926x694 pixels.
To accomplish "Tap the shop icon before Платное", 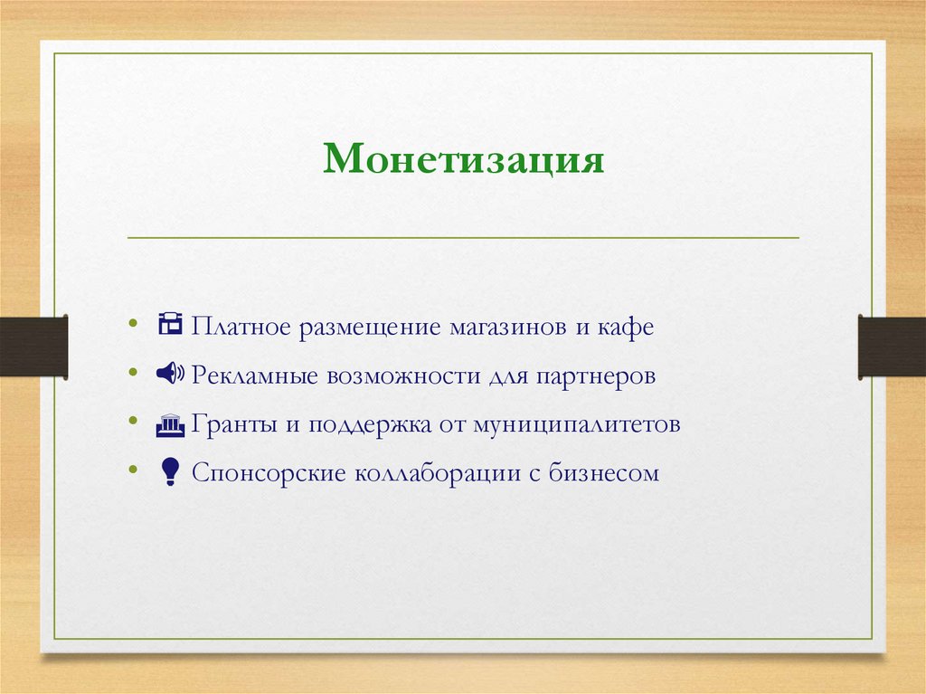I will coord(170,325).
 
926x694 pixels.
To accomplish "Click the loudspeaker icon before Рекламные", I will coord(169,374).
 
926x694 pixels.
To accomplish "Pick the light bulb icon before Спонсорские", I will coord(169,472).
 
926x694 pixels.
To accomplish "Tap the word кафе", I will coord(624,326).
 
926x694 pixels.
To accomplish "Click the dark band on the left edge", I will coord(33,346).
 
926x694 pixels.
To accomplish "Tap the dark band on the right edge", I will coord(892,346).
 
